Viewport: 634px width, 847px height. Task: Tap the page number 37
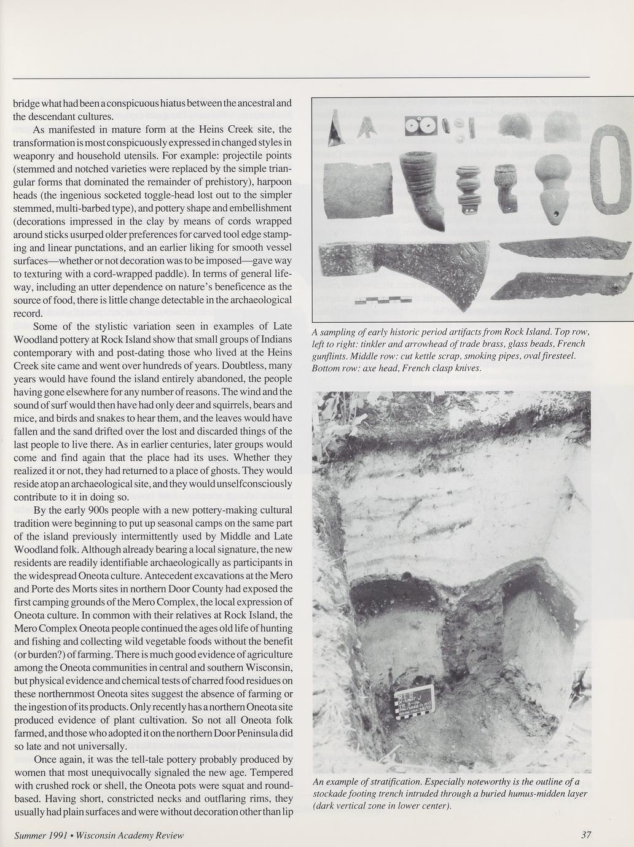point(585,835)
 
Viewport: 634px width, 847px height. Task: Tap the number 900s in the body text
point(88,510)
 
